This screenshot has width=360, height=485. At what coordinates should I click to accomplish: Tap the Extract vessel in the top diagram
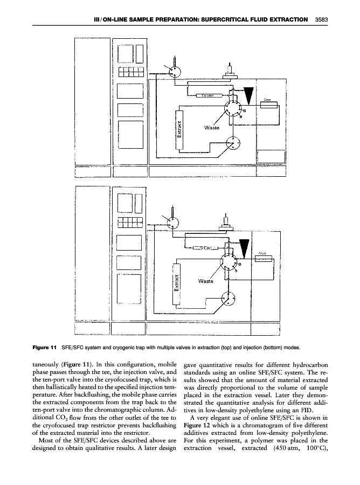[x=179, y=131]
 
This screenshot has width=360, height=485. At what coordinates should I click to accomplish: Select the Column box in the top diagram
[x=209, y=95]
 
